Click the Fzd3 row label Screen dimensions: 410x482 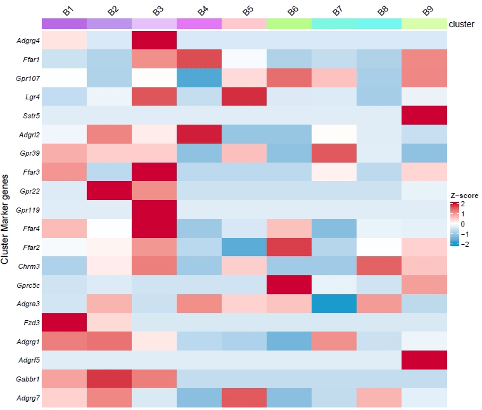pyautogui.click(x=29, y=323)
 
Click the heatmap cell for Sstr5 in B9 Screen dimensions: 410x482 pyautogui.click(x=424, y=116)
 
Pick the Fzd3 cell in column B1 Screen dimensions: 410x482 pyautogui.click(x=64, y=323)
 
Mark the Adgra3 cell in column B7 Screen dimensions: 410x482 pyautogui.click(x=334, y=304)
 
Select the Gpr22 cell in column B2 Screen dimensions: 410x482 pyautogui.click(x=109, y=192)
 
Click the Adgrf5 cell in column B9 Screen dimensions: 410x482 pyautogui.click(x=424, y=361)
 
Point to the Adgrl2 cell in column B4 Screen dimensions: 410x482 pyautogui.click(x=200, y=135)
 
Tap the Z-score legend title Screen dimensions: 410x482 pyautogui.click(x=464, y=196)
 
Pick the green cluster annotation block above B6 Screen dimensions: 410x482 pyautogui.click(x=289, y=23)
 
